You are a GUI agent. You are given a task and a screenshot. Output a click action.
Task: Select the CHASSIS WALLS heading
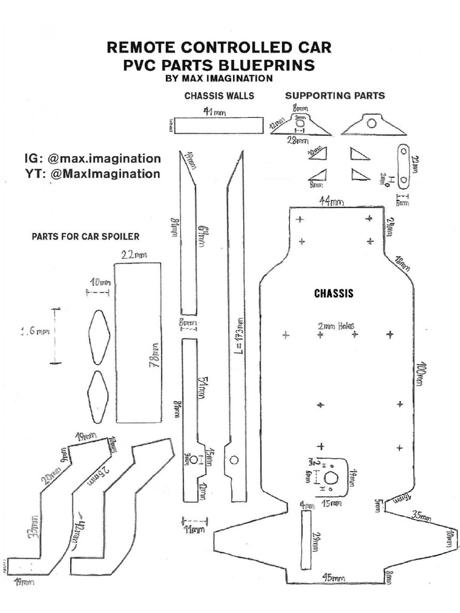[x=219, y=96]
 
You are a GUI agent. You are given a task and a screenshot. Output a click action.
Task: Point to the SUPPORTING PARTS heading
[x=335, y=95]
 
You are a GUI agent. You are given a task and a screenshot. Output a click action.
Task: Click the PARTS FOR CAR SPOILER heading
[x=86, y=236]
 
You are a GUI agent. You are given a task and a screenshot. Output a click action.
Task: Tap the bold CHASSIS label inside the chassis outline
[x=334, y=294]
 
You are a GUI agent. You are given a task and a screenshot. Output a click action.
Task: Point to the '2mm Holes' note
[x=336, y=326]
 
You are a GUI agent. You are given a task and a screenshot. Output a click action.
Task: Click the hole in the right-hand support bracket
[x=372, y=124]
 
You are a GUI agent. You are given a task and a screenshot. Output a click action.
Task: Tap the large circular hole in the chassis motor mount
[x=331, y=478]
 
